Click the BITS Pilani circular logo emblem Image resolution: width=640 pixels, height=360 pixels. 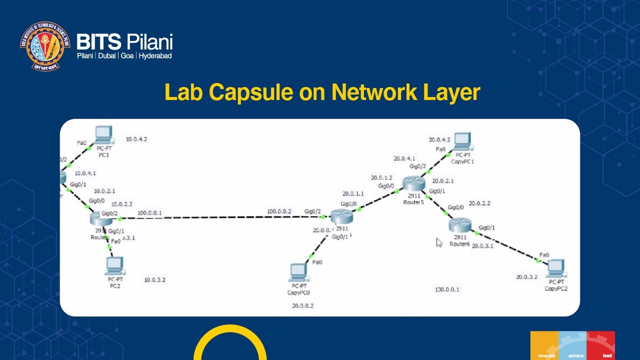45,46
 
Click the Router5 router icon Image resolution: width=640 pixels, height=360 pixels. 414,184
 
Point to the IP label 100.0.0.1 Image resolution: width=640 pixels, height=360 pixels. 149,213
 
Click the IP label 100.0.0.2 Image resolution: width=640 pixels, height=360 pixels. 278,211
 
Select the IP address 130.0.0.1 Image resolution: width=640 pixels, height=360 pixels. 447,289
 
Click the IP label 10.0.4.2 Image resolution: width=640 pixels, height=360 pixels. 136,139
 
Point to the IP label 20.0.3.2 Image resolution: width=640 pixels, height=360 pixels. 526,277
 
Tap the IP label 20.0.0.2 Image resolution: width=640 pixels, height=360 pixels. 302,306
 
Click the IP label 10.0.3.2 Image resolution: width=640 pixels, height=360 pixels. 154,280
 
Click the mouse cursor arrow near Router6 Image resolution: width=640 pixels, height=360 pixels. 438,242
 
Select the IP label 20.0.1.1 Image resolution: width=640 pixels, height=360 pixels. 353,194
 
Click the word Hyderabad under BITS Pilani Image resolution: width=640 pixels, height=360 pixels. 155,56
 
